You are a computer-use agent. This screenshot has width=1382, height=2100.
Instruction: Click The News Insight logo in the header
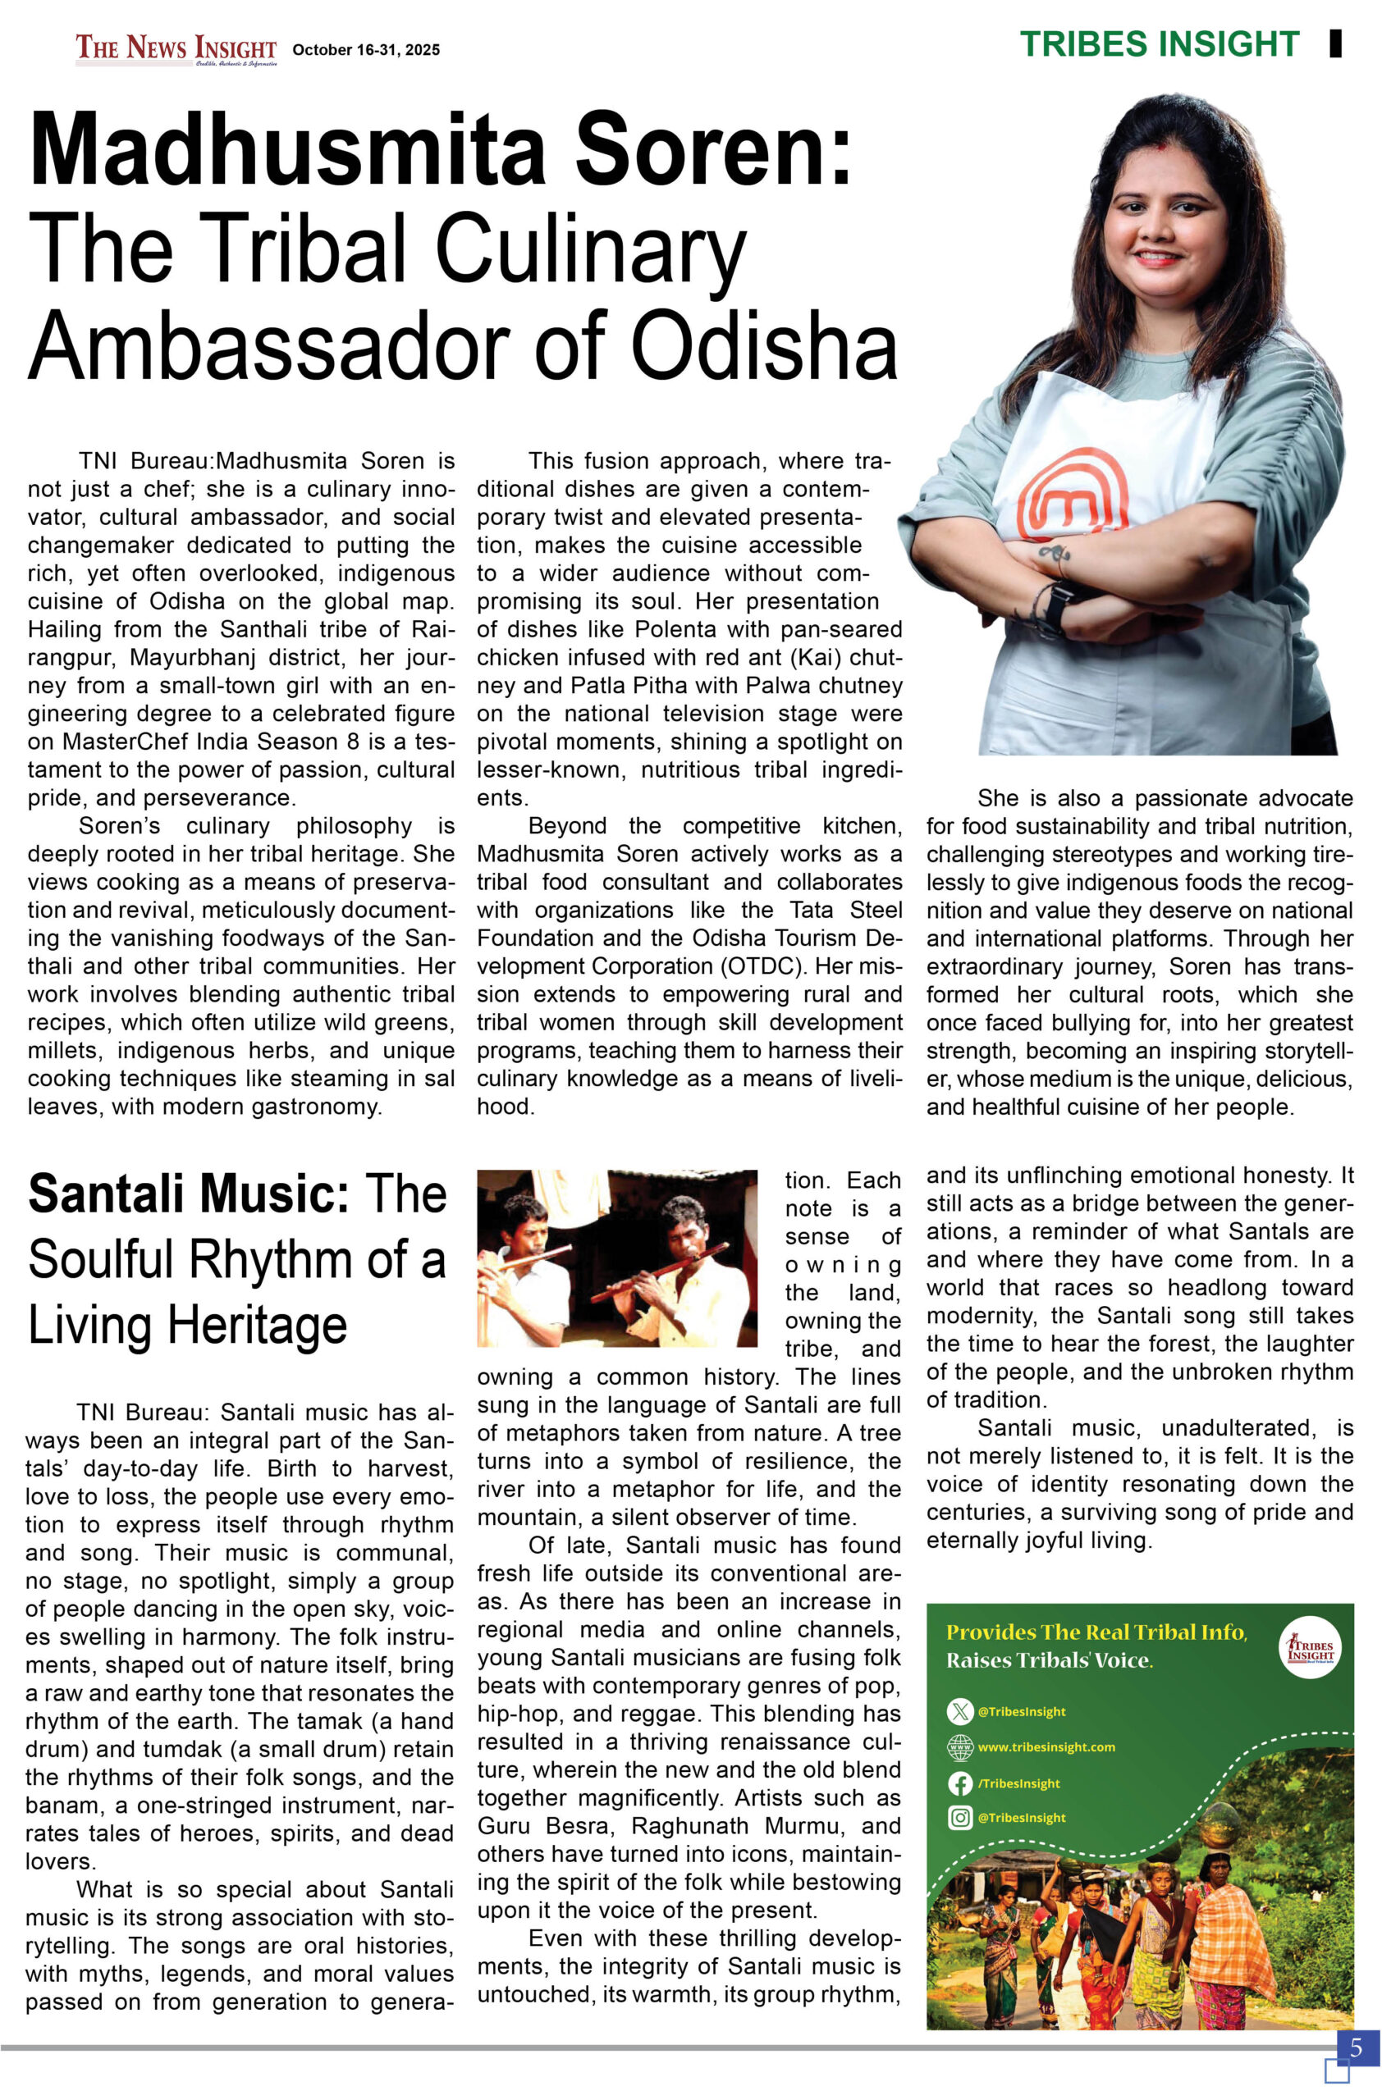pyautogui.click(x=176, y=48)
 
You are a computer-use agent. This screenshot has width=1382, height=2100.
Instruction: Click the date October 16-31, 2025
pyautogui.click(x=365, y=50)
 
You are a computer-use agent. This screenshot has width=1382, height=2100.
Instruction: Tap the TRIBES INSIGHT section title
pyautogui.click(x=1159, y=44)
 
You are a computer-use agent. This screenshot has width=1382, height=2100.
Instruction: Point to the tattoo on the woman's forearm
pyautogui.click(x=1054, y=552)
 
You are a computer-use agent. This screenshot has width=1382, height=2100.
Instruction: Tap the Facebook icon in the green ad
pyautogui.click(x=959, y=1783)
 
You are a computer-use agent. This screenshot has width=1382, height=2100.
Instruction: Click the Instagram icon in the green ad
pyautogui.click(x=959, y=1817)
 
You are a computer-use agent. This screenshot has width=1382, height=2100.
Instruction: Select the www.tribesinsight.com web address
pyautogui.click(x=1046, y=1746)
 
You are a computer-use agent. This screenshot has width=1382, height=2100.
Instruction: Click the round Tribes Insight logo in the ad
pyautogui.click(x=1309, y=1646)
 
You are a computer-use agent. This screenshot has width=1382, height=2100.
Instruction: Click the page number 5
pyautogui.click(x=1356, y=2046)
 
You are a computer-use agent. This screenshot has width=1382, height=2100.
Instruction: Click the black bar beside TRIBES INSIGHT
pyautogui.click(x=1334, y=44)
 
